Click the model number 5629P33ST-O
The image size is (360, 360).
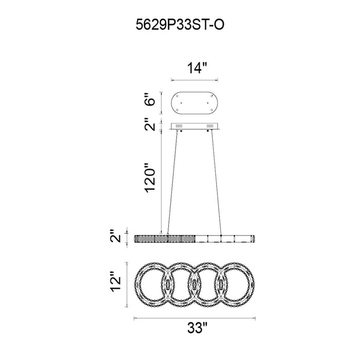coord(180,25)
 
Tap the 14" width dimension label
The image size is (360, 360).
coord(197,68)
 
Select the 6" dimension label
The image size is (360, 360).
coord(150,99)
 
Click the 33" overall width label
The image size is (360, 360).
coord(197,328)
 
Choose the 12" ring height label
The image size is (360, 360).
coord(116,282)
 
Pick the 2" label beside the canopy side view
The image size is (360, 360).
coord(150,124)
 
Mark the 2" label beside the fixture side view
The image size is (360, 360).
coord(116,236)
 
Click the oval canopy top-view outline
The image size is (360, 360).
coord(194,92)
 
